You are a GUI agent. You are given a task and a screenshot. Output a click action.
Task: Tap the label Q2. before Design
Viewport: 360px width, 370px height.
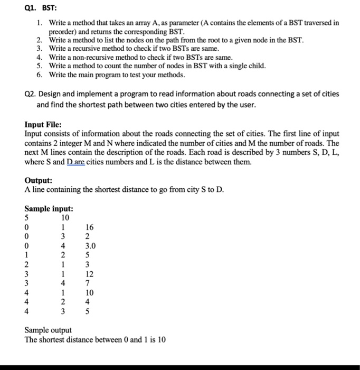(32, 94)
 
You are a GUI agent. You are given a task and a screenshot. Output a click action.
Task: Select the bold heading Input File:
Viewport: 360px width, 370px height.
(43, 125)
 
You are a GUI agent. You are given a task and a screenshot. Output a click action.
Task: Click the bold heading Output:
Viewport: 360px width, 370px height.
(39, 180)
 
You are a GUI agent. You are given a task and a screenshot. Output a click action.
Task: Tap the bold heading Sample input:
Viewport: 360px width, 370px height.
(49, 208)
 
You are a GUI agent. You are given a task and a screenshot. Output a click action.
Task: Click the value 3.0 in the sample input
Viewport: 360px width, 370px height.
(90, 245)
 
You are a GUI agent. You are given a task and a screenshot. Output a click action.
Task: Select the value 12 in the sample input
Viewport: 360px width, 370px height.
(89, 274)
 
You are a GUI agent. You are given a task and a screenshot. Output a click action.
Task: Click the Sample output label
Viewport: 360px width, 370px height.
(48, 330)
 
